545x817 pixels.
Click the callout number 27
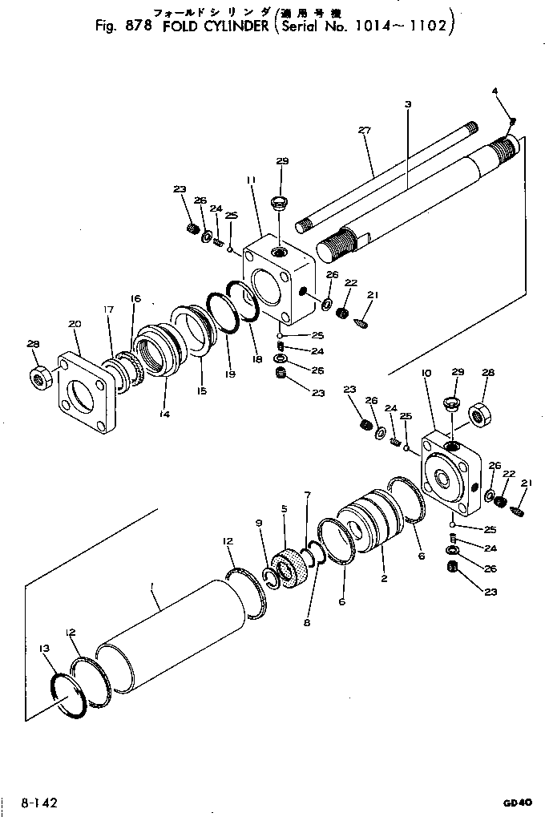(x=365, y=130)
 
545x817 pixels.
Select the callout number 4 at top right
(x=495, y=91)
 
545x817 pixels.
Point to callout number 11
(x=251, y=182)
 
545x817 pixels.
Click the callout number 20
(x=75, y=324)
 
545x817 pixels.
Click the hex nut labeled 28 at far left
(x=39, y=374)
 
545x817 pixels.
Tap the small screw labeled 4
(x=513, y=120)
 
